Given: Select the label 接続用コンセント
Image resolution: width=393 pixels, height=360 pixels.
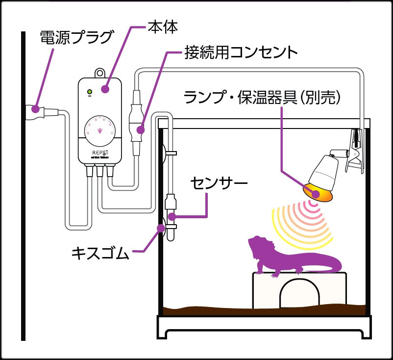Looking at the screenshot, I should [241, 52].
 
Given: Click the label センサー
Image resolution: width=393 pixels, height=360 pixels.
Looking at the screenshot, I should [219, 183].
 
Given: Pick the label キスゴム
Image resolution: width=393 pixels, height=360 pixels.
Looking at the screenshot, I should [100, 253].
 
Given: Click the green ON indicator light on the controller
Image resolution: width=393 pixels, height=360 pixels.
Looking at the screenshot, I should [89, 91].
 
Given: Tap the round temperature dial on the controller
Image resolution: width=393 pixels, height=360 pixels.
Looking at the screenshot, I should [100, 130].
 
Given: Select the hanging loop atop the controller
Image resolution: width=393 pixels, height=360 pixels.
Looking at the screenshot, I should [100, 73].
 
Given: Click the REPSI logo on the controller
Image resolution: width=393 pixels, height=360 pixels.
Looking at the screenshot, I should [100, 153].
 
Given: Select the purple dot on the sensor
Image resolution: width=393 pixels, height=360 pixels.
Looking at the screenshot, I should [171, 217].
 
